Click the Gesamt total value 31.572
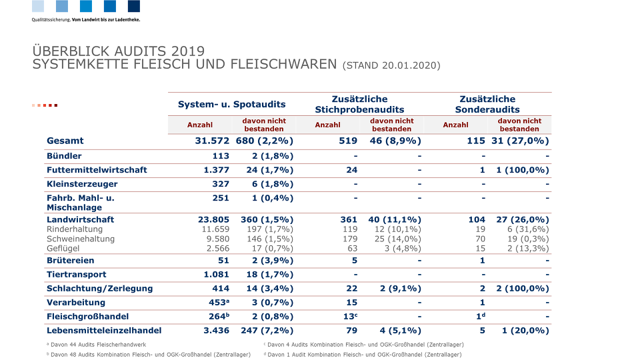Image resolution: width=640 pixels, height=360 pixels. pyautogui.click(x=212, y=141)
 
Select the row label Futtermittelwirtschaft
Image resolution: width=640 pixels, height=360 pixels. pyautogui.click(x=97, y=170)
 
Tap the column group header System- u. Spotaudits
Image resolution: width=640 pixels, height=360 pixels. pyautogui.click(x=231, y=104)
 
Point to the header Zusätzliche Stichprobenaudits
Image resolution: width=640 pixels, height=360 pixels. pyautogui.click(x=359, y=104)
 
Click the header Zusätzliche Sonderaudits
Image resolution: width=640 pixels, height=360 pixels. pyautogui.click(x=487, y=104)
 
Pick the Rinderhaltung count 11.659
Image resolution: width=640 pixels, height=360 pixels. pyautogui.click(x=215, y=229)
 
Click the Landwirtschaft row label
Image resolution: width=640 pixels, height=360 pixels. pyautogui.click(x=81, y=219)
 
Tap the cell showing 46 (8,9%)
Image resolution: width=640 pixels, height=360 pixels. pyautogui.click(x=394, y=141)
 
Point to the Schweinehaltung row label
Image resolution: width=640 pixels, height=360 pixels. pyautogui.click(x=81, y=239)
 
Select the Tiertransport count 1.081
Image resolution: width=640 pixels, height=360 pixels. pyautogui.click(x=216, y=274)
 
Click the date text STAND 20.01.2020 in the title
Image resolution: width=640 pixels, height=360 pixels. pyautogui.click(x=391, y=65)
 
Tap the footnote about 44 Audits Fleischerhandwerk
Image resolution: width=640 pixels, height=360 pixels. pyautogui.click(x=96, y=345)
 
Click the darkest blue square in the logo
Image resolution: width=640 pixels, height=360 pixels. pyautogui.click(x=134, y=6)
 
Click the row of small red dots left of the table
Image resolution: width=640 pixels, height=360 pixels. pyautogui.click(x=45, y=105)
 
